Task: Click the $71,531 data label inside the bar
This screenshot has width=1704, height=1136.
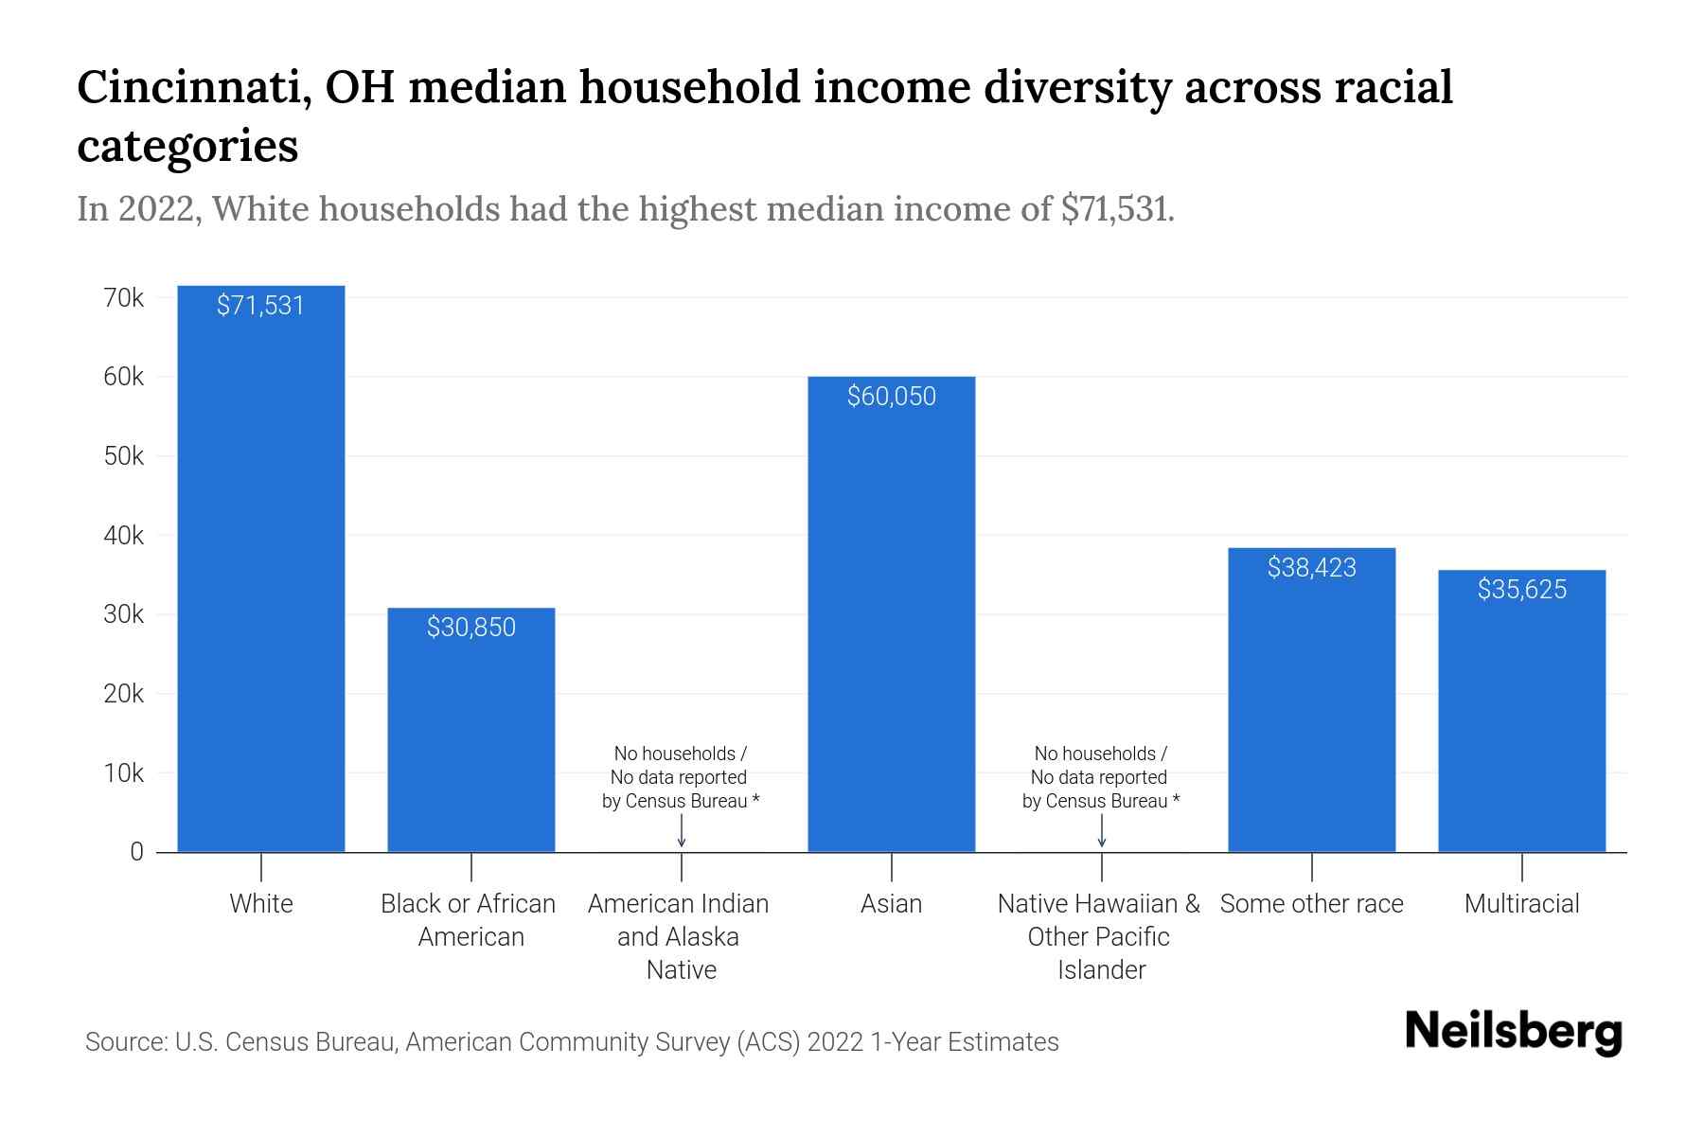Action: [261, 305]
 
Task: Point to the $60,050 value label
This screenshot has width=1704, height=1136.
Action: [891, 396]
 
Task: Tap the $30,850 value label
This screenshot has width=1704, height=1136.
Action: [471, 627]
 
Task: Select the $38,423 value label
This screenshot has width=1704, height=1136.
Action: [1311, 567]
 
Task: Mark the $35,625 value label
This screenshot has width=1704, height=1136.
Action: [1521, 589]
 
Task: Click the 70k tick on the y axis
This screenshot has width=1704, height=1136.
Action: [124, 298]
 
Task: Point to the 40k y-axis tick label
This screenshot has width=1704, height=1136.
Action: [124, 536]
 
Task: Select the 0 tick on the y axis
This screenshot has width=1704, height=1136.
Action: [137, 852]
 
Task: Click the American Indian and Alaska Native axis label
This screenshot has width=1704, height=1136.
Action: [680, 936]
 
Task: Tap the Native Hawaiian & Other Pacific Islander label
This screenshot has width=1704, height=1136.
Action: [1099, 936]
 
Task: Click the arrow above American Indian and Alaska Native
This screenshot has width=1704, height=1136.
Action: [682, 832]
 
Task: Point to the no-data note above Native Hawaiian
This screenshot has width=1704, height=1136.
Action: [1100, 777]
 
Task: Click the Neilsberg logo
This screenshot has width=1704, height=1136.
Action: [1513, 1032]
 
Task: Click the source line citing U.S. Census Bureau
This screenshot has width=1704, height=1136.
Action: [572, 1042]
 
